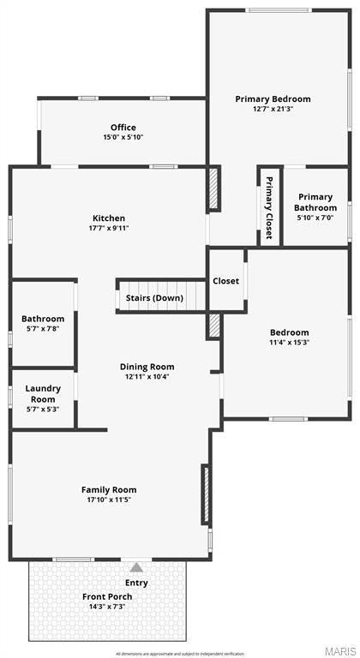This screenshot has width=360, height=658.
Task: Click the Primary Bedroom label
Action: click(x=273, y=99)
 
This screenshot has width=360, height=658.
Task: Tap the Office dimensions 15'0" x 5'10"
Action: click(x=123, y=137)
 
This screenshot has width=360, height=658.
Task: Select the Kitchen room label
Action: click(x=109, y=218)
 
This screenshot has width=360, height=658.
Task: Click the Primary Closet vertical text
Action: click(x=268, y=207)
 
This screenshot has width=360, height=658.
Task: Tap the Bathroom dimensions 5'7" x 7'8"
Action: click(x=43, y=329)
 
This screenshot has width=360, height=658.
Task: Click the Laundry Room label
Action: click(x=43, y=393)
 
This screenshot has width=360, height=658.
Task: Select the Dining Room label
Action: click(x=147, y=367)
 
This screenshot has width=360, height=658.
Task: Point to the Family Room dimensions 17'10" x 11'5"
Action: click(x=109, y=499)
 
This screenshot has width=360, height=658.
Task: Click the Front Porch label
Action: click(x=105, y=596)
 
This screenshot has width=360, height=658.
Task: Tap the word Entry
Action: click(x=135, y=583)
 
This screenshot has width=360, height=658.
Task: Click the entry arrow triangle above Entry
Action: click(x=135, y=566)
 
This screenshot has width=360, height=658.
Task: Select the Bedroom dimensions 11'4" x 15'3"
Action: click(x=290, y=343)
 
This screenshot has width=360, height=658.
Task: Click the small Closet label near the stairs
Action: click(x=226, y=280)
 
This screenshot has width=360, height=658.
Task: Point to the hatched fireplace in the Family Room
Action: click(x=206, y=494)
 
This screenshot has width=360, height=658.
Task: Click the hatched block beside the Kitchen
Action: click(x=213, y=188)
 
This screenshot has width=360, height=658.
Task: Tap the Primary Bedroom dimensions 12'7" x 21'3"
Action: click(x=273, y=110)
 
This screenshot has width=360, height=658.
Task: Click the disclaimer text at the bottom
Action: click(x=180, y=654)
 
